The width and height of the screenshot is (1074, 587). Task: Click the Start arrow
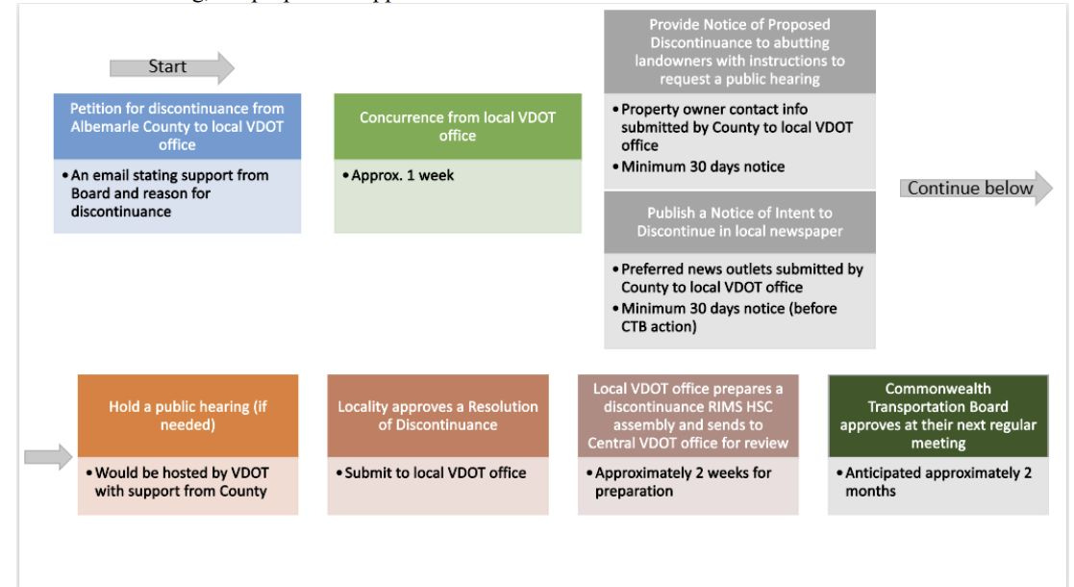(171, 66)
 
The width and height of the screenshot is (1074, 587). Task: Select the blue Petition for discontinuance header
(177, 126)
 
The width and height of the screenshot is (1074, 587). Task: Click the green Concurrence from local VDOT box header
(458, 125)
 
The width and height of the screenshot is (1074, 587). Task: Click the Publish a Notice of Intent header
(739, 222)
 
